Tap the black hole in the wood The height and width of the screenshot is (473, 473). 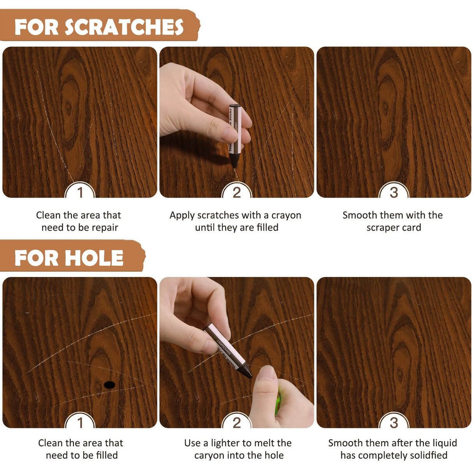109,385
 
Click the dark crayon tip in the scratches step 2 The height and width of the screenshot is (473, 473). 235,160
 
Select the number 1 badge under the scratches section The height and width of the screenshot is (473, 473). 80,192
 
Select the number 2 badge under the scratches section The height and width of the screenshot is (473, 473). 236,192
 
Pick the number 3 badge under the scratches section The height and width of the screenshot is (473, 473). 394,192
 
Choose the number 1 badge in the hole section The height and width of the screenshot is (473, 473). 80,422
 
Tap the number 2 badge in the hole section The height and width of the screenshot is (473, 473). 236,422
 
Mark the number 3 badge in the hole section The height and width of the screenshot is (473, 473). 394,422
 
